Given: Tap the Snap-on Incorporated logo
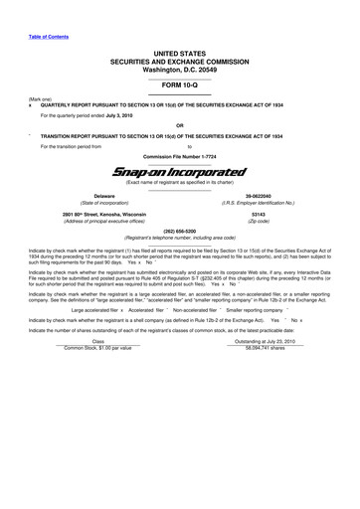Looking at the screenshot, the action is tap(179, 171).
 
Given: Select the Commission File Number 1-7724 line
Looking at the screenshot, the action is tap(179, 156).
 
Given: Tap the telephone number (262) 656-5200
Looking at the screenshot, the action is tap(179, 232).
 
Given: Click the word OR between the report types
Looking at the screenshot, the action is tap(179, 125).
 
